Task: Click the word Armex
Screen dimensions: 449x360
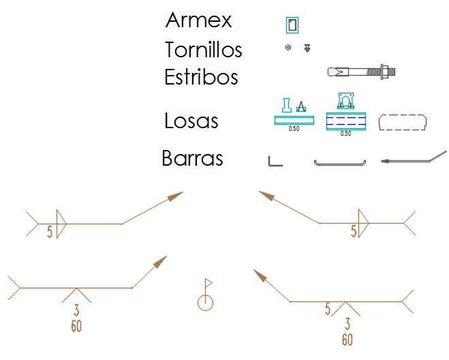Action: [x=198, y=20]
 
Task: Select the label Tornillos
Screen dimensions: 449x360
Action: [x=203, y=50]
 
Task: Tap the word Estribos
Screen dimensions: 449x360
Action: [x=201, y=77]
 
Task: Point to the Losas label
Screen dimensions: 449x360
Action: [x=191, y=121]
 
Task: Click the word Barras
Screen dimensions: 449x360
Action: [x=192, y=159]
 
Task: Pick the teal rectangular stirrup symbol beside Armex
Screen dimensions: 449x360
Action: [x=292, y=25]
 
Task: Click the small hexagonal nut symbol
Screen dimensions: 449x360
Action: [x=288, y=48]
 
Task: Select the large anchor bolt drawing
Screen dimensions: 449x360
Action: [x=361, y=71]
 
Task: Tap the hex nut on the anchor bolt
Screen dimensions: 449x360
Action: [x=386, y=70]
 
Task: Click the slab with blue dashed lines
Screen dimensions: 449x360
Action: [x=346, y=121]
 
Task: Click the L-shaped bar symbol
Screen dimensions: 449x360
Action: [x=274, y=161]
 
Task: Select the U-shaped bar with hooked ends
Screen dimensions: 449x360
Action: [x=340, y=162]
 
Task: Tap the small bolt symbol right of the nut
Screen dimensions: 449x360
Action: [x=307, y=48]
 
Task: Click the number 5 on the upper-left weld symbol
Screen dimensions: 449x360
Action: [x=50, y=232]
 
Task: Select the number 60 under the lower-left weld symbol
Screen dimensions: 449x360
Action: [x=76, y=326]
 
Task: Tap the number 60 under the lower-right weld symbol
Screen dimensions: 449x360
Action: [x=347, y=339]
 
